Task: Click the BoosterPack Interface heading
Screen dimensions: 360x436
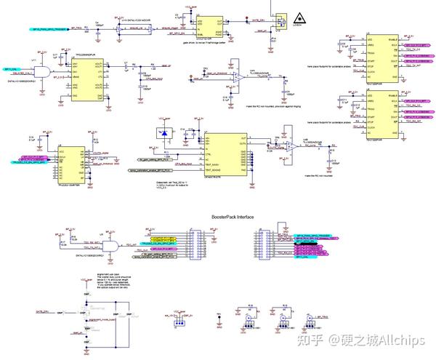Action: [233, 216]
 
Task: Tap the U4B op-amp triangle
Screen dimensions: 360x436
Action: [290, 145]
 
